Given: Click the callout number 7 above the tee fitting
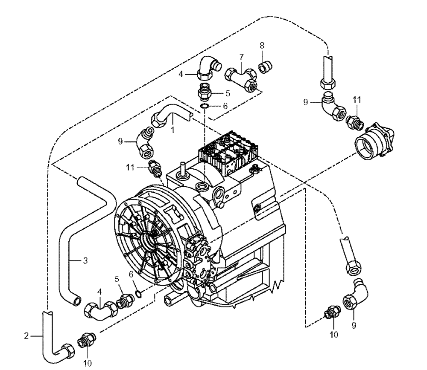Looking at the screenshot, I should coord(241,57).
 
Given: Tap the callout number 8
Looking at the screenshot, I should coord(262,45).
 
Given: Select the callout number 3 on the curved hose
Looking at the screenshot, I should coord(85,260).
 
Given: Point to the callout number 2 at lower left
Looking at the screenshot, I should coord(26,336).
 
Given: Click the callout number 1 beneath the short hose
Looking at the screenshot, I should coord(173,130).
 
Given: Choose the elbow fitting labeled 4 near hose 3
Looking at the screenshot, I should coord(99,308).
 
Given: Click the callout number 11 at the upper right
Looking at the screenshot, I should coord(357,100).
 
